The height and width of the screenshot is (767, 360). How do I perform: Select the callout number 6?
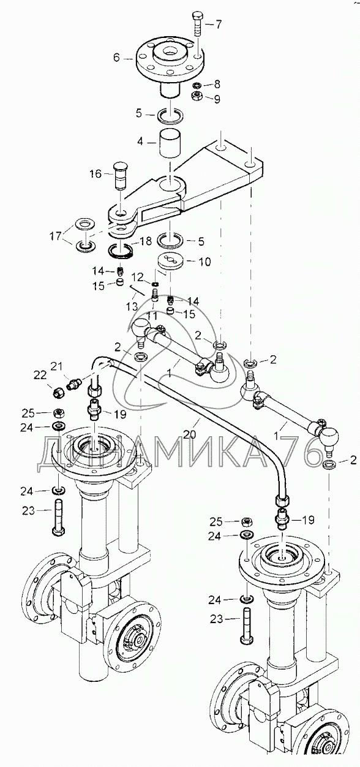click(x=117, y=58)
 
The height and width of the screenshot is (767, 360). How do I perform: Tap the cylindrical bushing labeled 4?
click(x=170, y=143)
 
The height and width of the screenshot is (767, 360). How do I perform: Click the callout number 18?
click(x=146, y=241)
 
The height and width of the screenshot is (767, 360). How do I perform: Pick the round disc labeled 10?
click(x=171, y=262)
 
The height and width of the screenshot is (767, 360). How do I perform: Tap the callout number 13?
click(x=133, y=306)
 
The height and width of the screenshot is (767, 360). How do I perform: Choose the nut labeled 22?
click(x=59, y=391)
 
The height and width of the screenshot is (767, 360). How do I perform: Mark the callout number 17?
click(x=56, y=236)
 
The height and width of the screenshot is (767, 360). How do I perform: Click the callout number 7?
click(x=219, y=24)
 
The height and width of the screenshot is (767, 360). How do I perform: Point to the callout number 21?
click(x=57, y=367)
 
